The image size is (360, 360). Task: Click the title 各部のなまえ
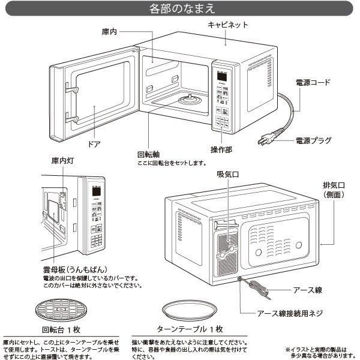181,8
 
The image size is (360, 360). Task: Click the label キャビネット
227,25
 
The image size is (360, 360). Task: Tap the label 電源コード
313,83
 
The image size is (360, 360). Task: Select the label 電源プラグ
313,142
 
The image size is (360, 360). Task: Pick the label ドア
94,145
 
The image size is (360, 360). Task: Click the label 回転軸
148,154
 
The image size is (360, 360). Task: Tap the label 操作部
221,148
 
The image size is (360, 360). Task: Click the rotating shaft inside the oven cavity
191,98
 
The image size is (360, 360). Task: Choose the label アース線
307,290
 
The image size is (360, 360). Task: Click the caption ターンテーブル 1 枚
189,329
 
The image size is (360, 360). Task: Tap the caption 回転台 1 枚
61,329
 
